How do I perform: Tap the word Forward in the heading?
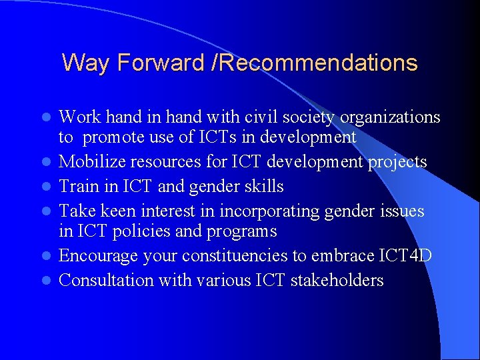(x=161, y=63)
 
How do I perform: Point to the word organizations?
(x=390, y=118)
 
